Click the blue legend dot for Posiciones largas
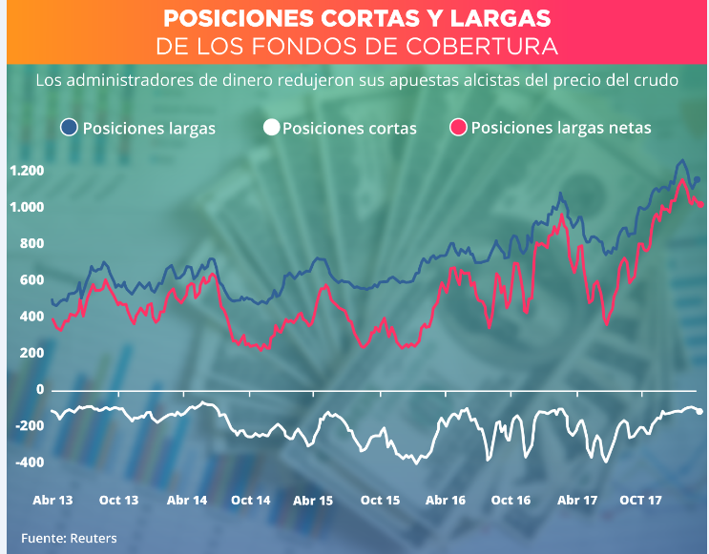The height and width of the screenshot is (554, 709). (69, 128)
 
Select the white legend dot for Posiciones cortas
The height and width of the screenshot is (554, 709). (271, 128)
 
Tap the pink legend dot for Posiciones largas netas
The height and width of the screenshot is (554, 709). (458, 128)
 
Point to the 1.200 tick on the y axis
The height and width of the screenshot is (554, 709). (27, 171)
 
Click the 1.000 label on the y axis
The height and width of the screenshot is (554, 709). (27, 207)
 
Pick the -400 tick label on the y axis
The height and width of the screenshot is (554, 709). (27, 462)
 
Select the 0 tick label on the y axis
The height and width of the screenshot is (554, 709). (40, 390)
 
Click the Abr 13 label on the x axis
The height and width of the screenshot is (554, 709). (52, 501)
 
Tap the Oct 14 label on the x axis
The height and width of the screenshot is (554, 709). (250, 501)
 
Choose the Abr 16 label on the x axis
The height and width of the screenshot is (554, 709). (446, 501)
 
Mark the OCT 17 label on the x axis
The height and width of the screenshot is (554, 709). (641, 501)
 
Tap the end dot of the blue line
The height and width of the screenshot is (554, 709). (697, 179)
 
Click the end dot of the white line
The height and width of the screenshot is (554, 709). (699, 411)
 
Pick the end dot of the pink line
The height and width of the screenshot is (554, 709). (702, 203)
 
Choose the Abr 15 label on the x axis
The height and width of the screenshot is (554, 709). (313, 501)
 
